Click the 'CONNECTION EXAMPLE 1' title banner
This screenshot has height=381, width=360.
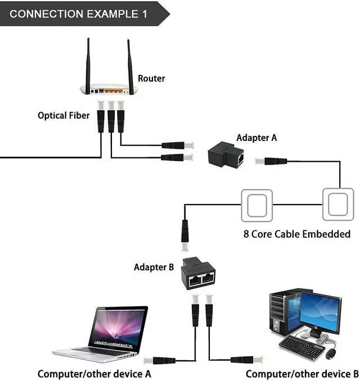point(79,14)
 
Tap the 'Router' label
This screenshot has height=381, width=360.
point(151,78)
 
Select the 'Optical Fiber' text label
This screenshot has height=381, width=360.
point(64,116)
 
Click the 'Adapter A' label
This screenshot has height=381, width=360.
point(256,138)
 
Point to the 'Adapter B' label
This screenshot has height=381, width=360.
point(154,267)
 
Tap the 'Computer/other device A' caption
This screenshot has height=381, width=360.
point(94,374)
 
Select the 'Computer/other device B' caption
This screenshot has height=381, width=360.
point(302,374)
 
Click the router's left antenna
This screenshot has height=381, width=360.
point(88,64)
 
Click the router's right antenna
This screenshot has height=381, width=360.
point(130,64)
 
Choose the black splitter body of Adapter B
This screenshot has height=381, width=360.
point(199,274)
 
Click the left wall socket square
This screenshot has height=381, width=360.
point(256,205)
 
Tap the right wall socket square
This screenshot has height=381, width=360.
point(338,205)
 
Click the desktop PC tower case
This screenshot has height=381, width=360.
point(283,315)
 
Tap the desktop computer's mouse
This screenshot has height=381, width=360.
point(331,353)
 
